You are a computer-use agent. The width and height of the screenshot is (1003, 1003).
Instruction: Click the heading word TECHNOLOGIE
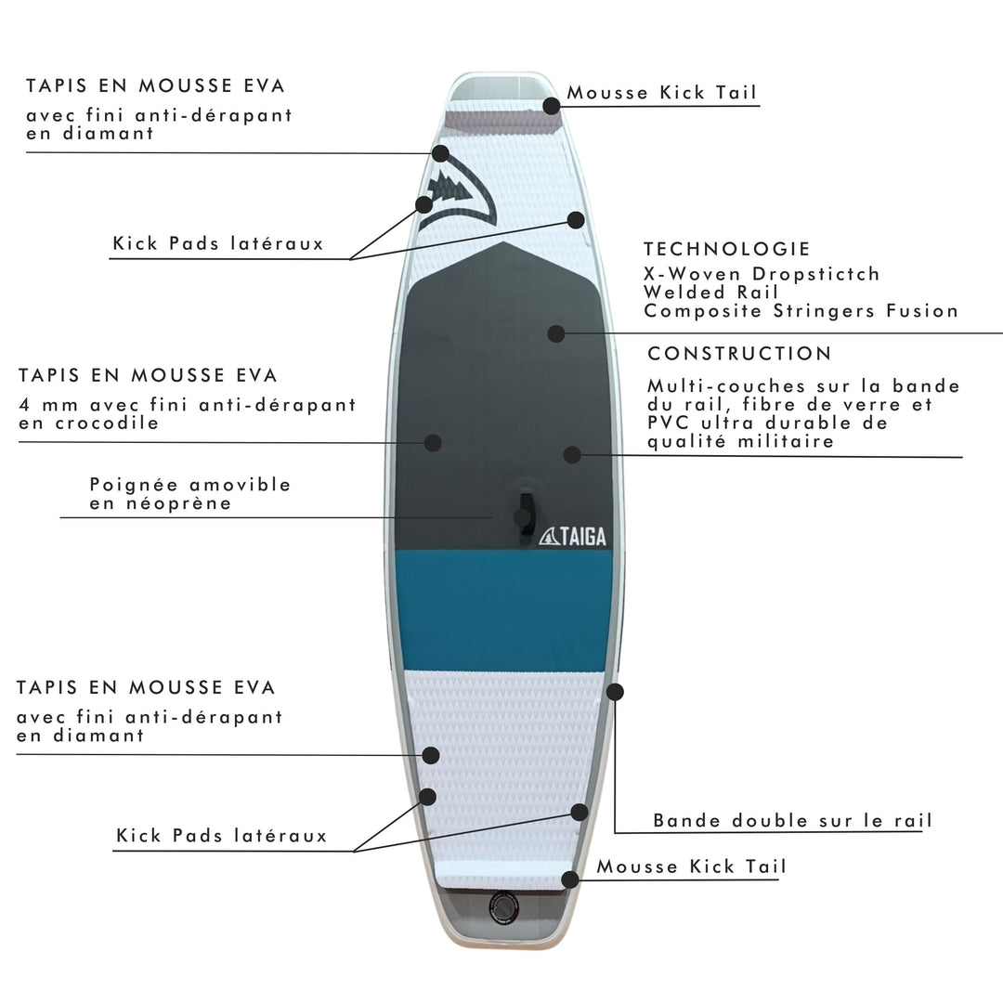click(x=727, y=249)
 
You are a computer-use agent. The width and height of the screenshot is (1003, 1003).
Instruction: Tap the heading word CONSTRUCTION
click(x=739, y=354)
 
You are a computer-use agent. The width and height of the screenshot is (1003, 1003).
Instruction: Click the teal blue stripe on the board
click(x=503, y=609)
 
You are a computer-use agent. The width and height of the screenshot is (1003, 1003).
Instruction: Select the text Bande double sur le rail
click(x=792, y=821)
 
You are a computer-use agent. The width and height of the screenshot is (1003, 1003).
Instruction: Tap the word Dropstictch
click(x=817, y=274)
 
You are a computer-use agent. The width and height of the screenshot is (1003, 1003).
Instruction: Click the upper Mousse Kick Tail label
click(x=661, y=93)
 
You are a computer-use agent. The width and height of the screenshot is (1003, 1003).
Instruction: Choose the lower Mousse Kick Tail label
click(x=691, y=866)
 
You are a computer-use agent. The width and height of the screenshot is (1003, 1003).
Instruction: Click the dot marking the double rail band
click(x=614, y=692)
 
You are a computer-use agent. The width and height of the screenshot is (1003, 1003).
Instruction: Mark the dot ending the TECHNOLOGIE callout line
click(x=556, y=332)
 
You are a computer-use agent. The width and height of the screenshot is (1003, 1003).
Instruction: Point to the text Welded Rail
click(x=710, y=293)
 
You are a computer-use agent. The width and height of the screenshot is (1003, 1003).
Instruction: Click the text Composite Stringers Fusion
click(x=801, y=311)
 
